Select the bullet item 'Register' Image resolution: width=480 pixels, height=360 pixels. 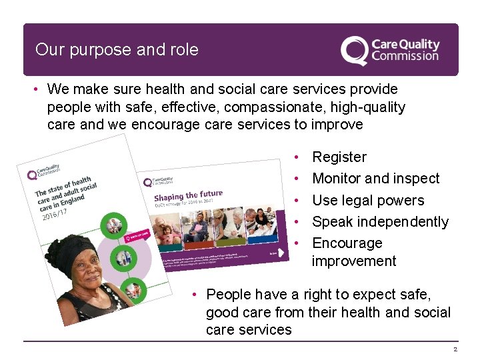(x=339, y=157)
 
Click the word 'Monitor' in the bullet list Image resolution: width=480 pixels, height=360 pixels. (x=337, y=179)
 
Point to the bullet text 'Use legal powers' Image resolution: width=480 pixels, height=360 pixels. (x=368, y=200)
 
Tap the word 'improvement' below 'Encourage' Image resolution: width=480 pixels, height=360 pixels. (x=353, y=261)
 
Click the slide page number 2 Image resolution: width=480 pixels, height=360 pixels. (x=455, y=349)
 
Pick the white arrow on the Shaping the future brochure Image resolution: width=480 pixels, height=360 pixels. (x=275, y=255)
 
